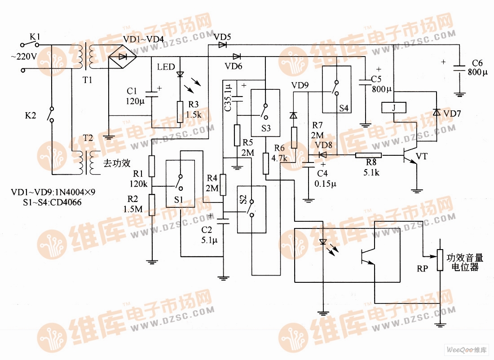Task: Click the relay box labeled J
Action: [x=394, y=108]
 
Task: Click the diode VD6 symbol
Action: [x=237, y=57]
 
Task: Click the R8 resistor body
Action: [x=368, y=155]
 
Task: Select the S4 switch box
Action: [x=336, y=89]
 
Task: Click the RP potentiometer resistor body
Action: [x=440, y=260]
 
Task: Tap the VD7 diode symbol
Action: [x=435, y=112]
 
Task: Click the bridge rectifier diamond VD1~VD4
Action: [x=122, y=57]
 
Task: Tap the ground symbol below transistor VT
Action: [x=418, y=190]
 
